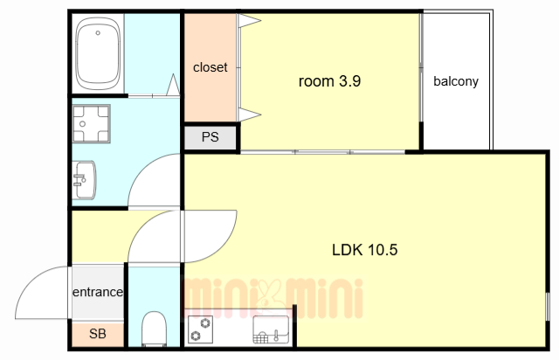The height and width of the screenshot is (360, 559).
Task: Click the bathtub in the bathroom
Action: point(98,53)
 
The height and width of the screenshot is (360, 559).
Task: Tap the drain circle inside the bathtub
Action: point(98,33)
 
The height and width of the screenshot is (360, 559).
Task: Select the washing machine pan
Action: point(91,123)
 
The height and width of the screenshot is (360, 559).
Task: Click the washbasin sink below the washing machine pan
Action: point(84,180)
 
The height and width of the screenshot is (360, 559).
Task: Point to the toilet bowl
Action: point(154,329)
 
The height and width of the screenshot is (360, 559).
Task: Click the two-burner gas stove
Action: point(200,329)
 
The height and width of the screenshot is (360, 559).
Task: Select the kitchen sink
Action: point(271,329)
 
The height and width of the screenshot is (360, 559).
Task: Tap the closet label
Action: point(210,67)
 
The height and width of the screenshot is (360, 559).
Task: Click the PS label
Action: point(210,137)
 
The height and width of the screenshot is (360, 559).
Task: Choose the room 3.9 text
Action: point(329,81)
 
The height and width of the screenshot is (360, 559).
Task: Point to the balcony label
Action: point(456,81)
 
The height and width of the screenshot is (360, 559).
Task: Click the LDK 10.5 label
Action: point(364,250)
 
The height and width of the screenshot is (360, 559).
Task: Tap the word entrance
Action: point(98,292)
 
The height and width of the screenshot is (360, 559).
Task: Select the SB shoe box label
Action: point(97,334)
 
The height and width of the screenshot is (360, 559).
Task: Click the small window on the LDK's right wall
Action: point(548,306)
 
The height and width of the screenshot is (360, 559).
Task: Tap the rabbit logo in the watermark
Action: point(273,298)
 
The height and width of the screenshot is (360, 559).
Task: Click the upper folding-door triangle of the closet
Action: point(250,20)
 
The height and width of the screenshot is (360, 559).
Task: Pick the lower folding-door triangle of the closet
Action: point(250,114)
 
